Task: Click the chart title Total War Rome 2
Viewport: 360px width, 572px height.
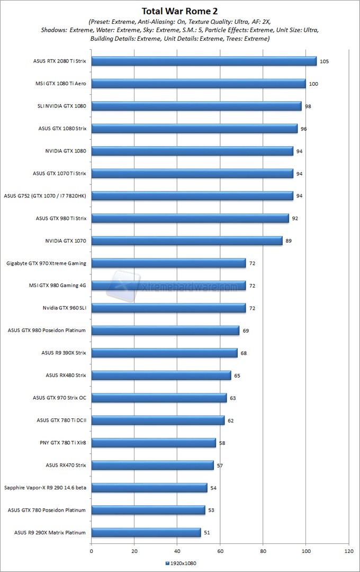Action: [179, 11]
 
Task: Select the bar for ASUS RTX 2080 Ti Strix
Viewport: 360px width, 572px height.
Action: [204, 61]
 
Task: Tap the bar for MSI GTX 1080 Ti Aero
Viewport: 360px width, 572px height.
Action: [199, 84]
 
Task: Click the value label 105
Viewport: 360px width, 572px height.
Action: [325, 61]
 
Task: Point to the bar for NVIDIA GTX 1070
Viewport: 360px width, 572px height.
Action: [187, 240]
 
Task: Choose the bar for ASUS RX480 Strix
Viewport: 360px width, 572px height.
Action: [161, 375]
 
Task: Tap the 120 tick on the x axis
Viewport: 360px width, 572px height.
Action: [348, 551]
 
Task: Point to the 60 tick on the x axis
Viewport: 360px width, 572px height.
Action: [220, 551]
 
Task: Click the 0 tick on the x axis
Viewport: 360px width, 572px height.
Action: [92, 551]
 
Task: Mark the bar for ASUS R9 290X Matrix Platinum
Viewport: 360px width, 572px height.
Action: [146, 532]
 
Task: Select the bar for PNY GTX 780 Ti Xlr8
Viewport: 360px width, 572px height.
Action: [154, 442]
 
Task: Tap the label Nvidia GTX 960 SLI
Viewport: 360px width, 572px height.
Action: [65, 308]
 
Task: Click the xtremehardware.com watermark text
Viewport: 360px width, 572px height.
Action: [190, 287]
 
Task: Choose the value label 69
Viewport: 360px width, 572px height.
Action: [246, 330]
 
